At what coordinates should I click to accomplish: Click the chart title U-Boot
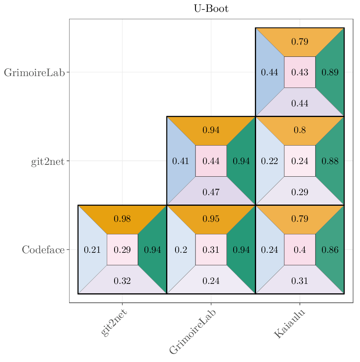coord(211,9)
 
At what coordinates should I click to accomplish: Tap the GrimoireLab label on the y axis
coord(34,73)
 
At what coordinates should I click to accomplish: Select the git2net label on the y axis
coord(48,162)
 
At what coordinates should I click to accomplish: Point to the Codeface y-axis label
coord(43,250)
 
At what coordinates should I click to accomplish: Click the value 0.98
coord(122,219)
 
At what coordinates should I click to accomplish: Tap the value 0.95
coord(211,219)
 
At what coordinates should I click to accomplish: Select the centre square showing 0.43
coord(300,72)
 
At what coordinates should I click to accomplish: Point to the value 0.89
coord(330,72)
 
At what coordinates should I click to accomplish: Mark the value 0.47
coord(211,192)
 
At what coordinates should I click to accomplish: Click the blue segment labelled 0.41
coord(180,161)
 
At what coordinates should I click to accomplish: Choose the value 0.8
coord(300,130)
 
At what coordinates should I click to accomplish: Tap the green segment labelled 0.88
coord(330,161)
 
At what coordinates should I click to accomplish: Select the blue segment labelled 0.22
coord(269,161)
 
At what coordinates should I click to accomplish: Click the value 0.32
coord(122,281)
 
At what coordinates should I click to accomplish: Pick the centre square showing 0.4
coord(300,250)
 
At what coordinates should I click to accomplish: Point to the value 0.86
coord(330,250)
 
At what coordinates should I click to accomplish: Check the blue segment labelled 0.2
coord(180,250)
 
